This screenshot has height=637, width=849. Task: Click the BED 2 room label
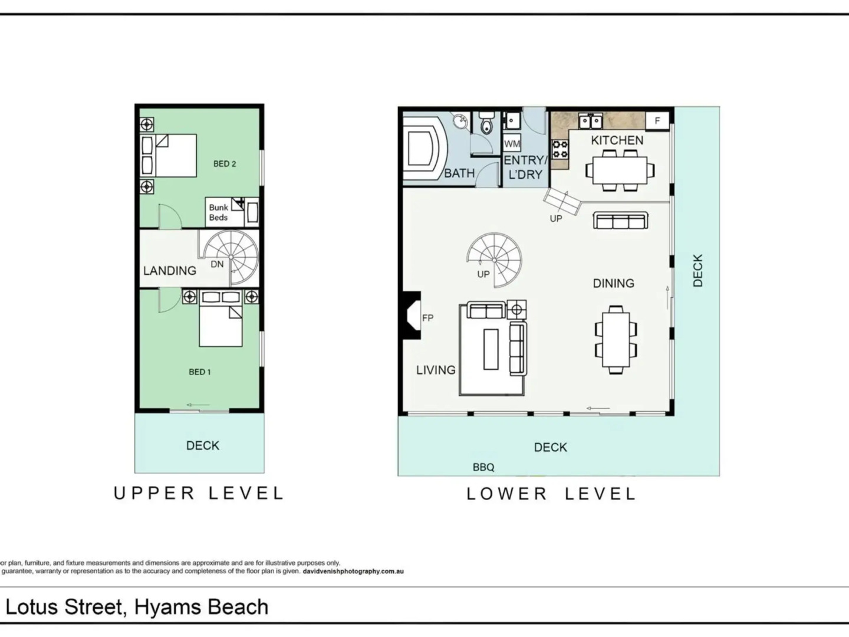click(x=225, y=164)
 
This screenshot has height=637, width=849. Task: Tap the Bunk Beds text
click(x=219, y=213)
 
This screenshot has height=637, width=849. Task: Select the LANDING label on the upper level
click(x=170, y=271)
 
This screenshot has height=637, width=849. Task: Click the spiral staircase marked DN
click(x=231, y=257)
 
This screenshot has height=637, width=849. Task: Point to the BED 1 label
click(x=200, y=372)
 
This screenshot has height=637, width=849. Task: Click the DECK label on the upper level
click(x=203, y=445)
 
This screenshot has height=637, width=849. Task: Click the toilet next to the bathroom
click(x=486, y=123)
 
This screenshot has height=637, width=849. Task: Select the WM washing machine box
click(x=512, y=143)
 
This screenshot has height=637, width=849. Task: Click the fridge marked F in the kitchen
click(x=657, y=121)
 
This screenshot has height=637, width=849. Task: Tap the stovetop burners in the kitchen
click(x=560, y=149)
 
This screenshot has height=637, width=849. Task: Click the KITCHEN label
click(x=617, y=140)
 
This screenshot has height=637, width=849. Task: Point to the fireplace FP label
click(x=428, y=318)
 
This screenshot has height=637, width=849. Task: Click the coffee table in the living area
click(x=491, y=349)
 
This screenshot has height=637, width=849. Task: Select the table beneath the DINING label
click(x=616, y=340)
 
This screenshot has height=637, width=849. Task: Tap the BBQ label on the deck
click(x=483, y=467)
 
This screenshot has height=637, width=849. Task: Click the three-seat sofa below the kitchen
click(x=620, y=220)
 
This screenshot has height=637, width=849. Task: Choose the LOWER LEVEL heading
click(x=551, y=494)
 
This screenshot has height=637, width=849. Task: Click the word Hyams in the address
click(x=168, y=607)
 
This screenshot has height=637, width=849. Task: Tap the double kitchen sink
click(x=590, y=122)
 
